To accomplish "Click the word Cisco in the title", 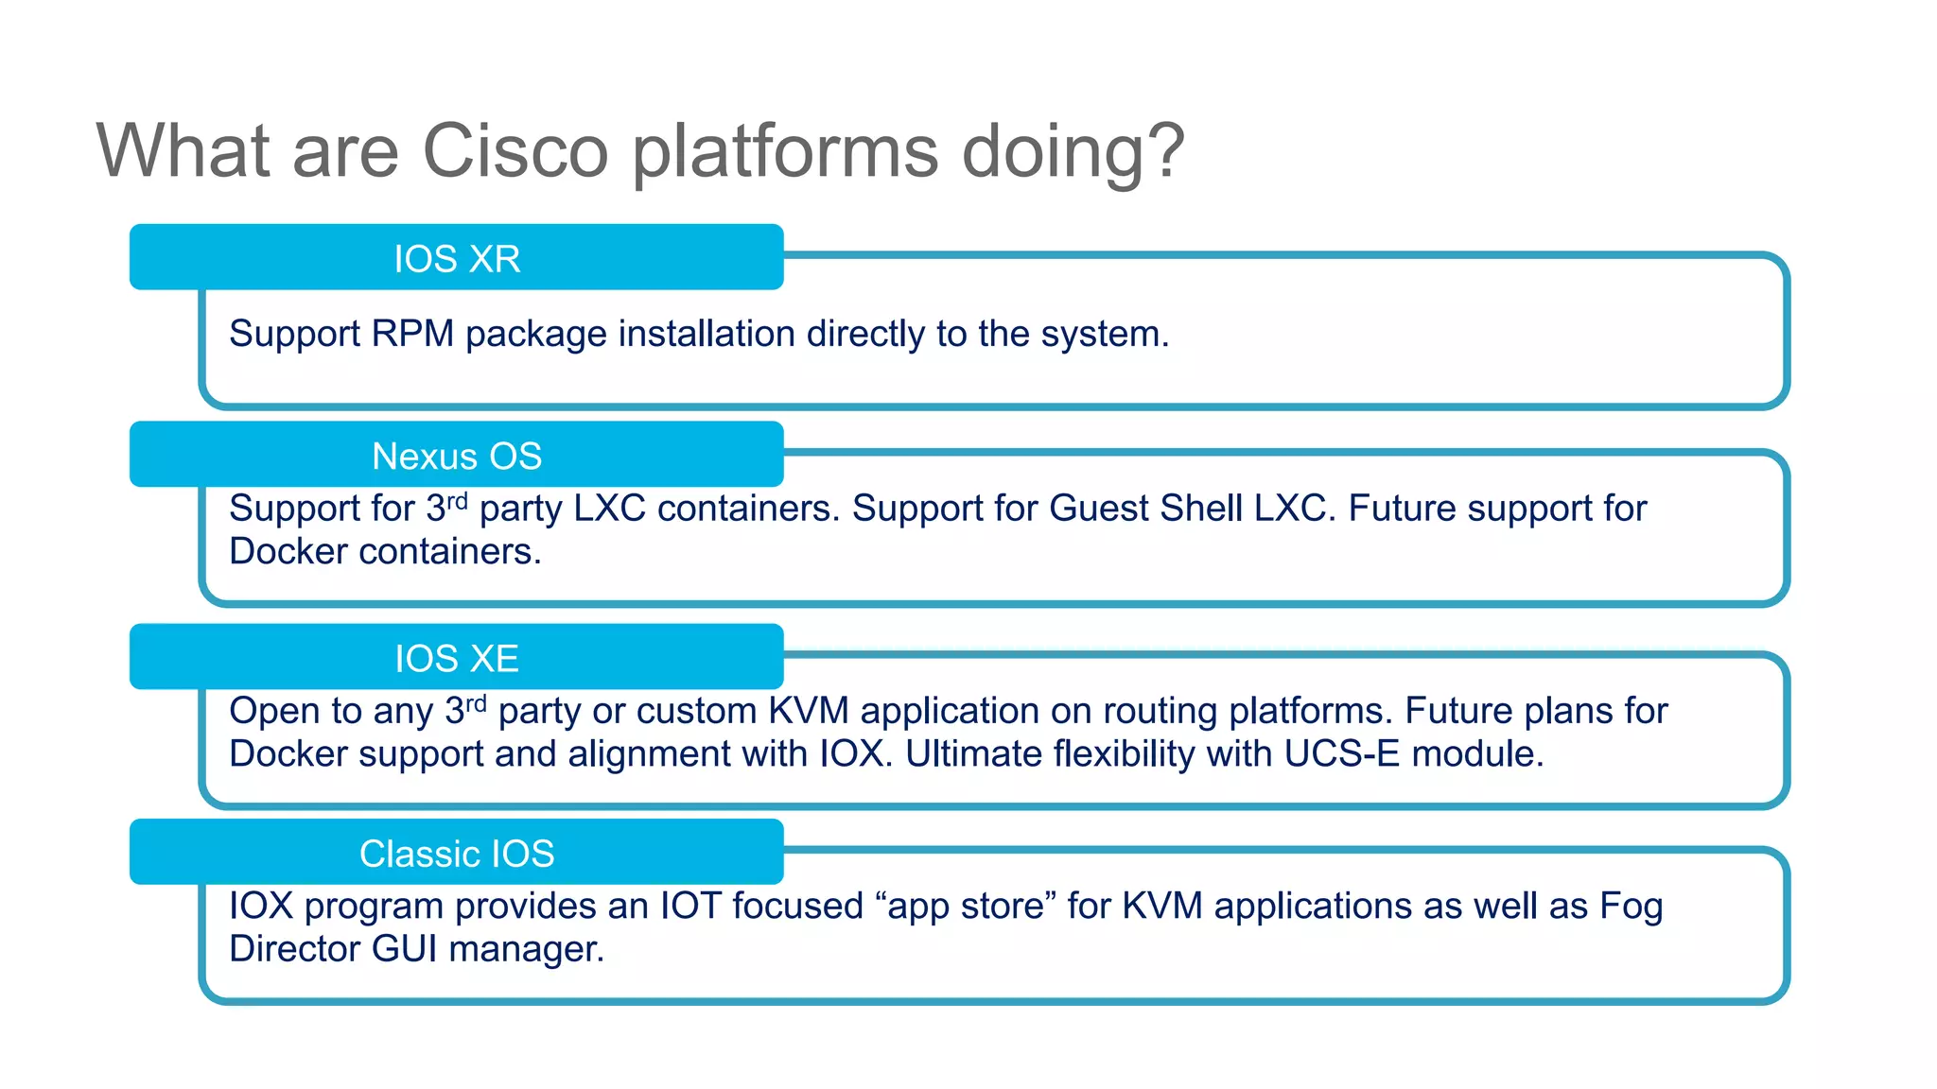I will click(515, 151).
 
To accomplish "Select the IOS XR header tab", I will click(457, 258).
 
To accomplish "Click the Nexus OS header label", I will click(457, 456).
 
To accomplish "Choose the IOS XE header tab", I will click(457, 658).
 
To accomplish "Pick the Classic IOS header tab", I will click(457, 854).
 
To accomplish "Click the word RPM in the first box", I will click(412, 334).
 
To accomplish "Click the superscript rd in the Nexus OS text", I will click(458, 500).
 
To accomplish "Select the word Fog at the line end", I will click(1631, 906).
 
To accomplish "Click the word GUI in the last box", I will click(405, 949).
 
